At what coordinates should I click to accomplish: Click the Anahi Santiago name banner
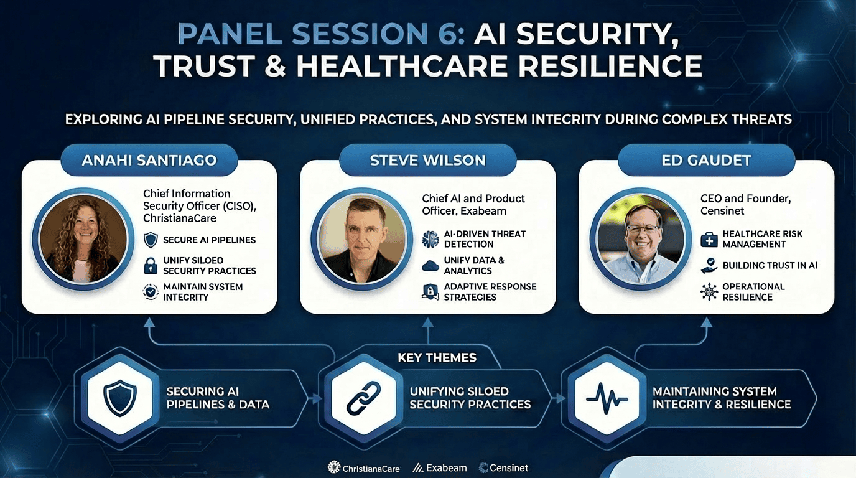(x=149, y=160)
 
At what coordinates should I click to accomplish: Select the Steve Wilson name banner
(x=427, y=160)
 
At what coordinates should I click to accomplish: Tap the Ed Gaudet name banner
(x=706, y=160)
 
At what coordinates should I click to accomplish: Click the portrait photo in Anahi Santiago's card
(x=83, y=239)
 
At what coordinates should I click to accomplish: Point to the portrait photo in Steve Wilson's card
(x=362, y=239)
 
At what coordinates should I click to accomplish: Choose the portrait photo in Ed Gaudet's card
(x=641, y=239)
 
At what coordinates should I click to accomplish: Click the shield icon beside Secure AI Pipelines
(x=151, y=240)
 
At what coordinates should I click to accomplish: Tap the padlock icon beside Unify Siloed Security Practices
(x=151, y=265)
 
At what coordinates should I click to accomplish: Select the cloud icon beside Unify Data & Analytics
(x=430, y=265)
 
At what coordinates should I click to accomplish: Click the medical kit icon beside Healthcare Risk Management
(x=709, y=240)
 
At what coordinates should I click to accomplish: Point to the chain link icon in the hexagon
(x=363, y=398)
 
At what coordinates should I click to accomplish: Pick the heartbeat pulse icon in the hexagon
(x=607, y=398)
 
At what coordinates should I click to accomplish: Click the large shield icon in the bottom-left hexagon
(x=120, y=398)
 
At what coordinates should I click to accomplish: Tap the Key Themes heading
(x=437, y=357)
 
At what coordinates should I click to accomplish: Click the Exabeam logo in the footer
(x=440, y=467)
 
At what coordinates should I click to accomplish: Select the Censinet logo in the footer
(x=503, y=467)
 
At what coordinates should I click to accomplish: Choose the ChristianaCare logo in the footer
(x=364, y=467)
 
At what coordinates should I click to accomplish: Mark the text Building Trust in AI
(x=770, y=265)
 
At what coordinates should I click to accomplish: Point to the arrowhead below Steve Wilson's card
(x=427, y=324)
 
